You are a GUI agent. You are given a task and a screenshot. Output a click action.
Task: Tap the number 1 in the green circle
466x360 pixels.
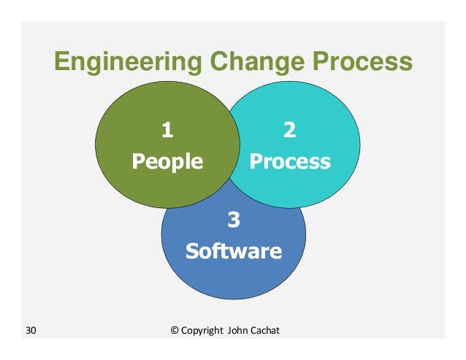point(167,131)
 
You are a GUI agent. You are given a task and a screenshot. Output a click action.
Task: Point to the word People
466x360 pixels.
point(167,161)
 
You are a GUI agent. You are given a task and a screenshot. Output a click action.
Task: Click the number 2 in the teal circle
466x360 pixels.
point(289,131)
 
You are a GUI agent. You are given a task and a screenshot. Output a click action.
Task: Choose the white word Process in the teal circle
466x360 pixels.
point(290,161)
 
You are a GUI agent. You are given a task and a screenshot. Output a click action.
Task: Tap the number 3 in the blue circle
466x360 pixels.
point(233,220)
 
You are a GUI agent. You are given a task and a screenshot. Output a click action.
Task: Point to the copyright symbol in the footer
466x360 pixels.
point(175,331)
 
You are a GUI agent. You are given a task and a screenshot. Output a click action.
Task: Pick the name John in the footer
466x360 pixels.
point(239,331)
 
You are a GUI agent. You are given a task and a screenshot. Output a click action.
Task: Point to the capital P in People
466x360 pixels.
point(137,161)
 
